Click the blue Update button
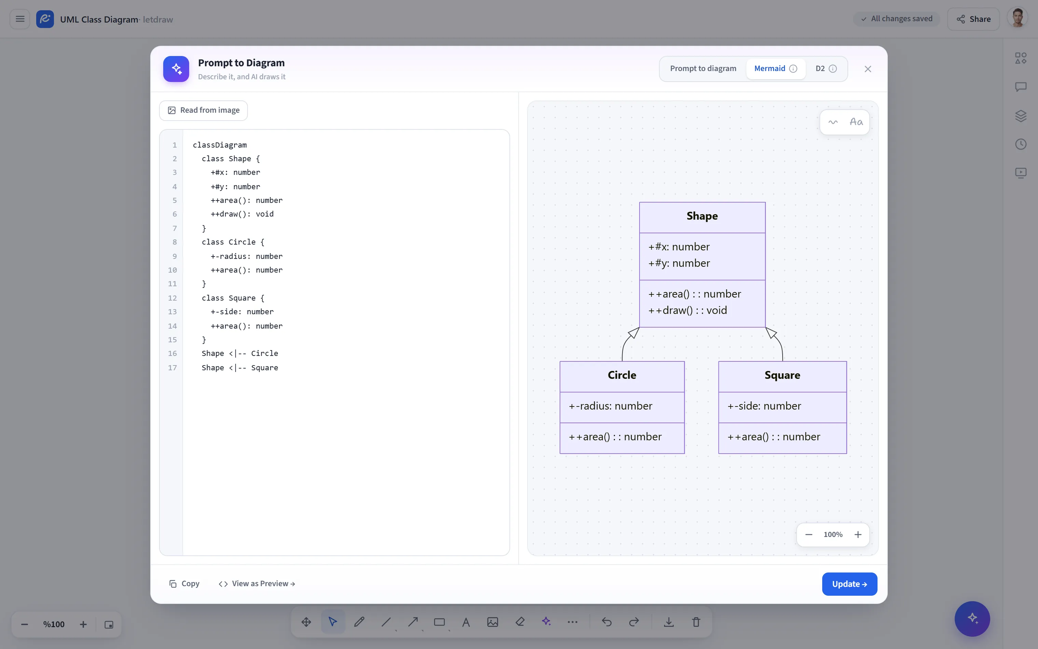[x=849, y=584]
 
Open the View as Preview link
[x=256, y=584]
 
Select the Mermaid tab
[x=775, y=69]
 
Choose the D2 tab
[x=826, y=69]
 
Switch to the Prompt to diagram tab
[x=703, y=69]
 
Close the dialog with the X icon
[x=868, y=69]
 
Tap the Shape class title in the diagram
[x=702, y=216]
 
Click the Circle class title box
[x=622, y=376]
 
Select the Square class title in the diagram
[x=782, y=375]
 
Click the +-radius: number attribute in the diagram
[x=611, y=406]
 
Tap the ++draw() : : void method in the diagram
[x=688, y=310]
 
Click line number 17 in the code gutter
[x=172, y=368]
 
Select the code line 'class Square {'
[x=233, y=298]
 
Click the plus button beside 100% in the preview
[x=858, y=534]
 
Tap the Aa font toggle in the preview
[x=856, y=122]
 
